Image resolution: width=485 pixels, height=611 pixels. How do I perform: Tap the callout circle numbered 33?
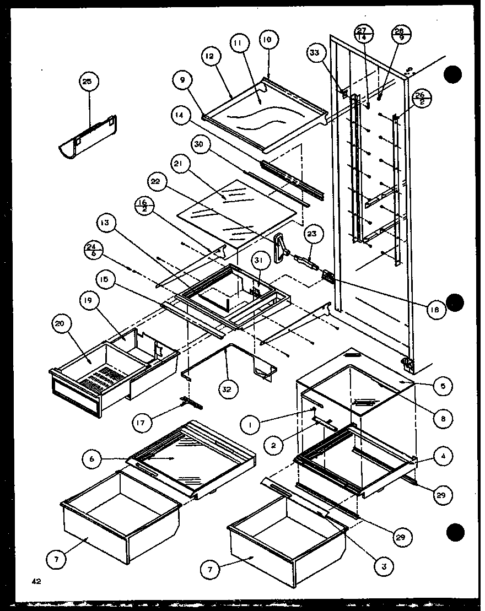coord(314,53)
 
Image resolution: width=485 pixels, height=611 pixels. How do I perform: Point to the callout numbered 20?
coord(60,325)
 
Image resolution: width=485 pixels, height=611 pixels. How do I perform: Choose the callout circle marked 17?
coord(141,423)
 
